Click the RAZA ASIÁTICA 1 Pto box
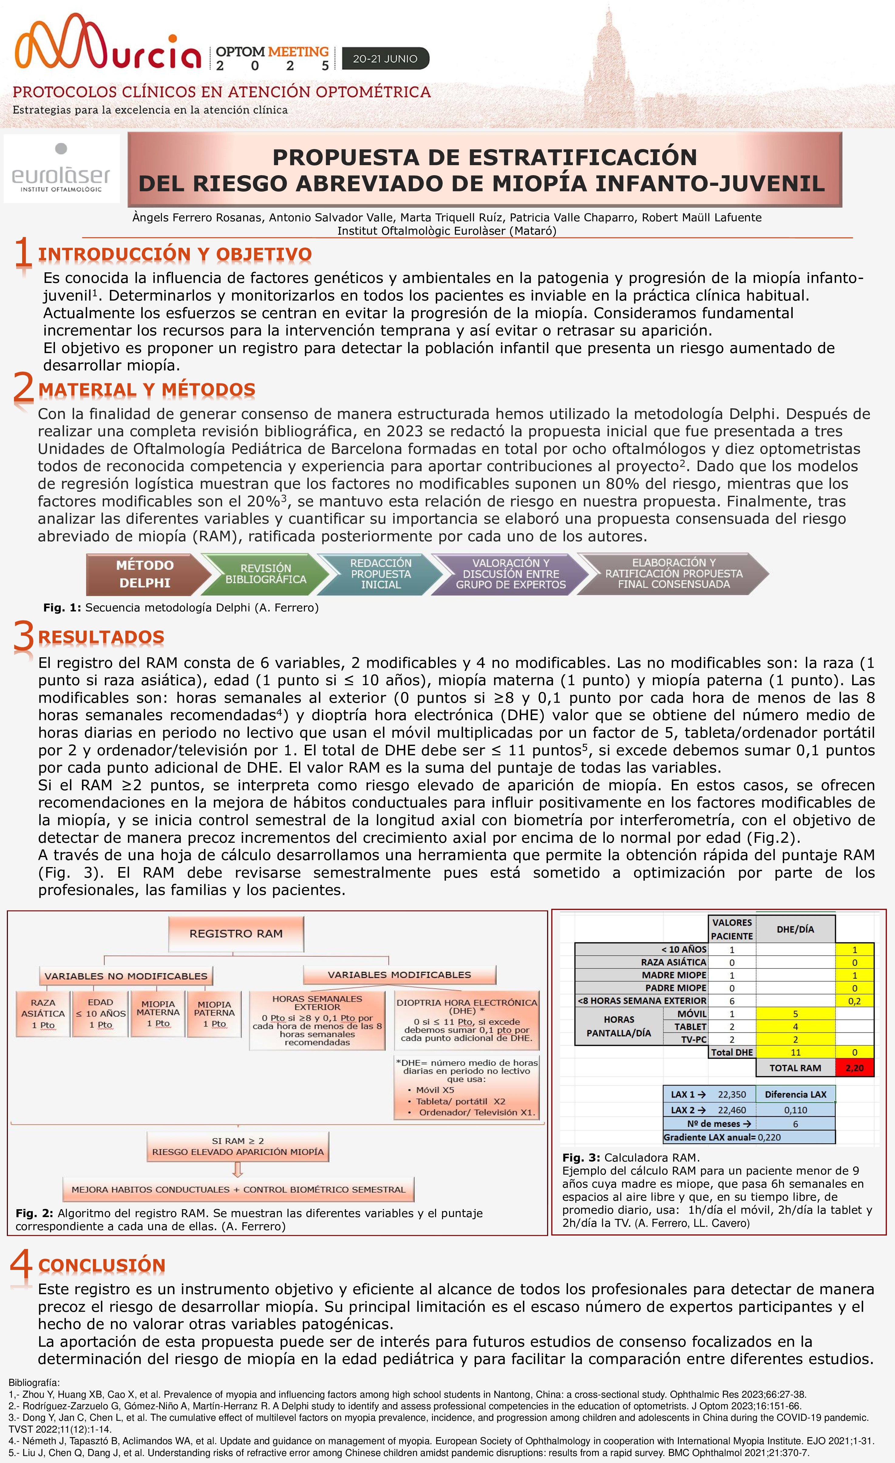43,1013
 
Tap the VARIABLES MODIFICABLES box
399,975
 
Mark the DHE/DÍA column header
795,929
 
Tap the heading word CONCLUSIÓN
102,1265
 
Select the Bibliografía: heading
34,1383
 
